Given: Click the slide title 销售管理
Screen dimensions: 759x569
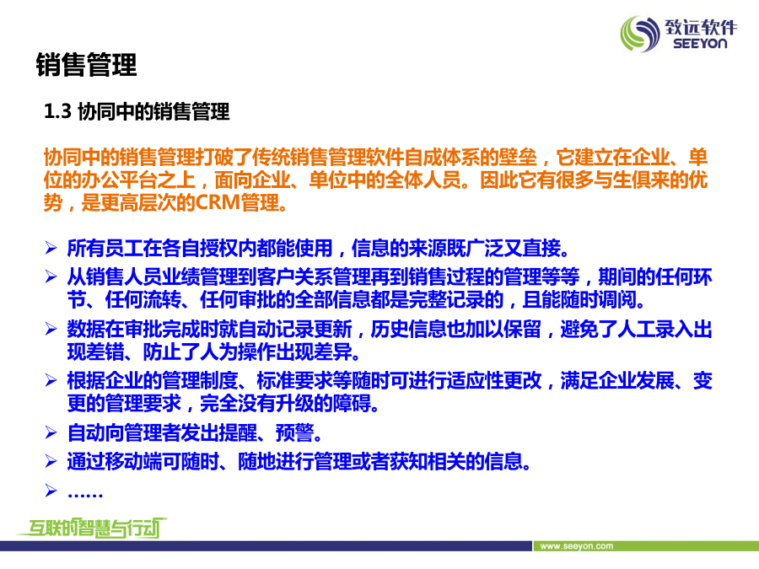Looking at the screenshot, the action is (x=87, y=65).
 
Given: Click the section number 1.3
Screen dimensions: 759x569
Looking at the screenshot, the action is (x=57, y=111).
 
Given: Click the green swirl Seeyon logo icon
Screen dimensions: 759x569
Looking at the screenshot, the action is (x=640, y=34).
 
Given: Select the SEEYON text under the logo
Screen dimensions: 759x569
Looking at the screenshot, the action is (x=700, y=44).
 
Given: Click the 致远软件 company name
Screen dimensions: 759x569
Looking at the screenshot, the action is (x=701, y=27).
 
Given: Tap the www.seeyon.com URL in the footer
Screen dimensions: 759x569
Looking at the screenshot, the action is (x=577, y=546).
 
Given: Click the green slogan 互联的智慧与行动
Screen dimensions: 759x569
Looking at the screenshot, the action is (x=92, y=528).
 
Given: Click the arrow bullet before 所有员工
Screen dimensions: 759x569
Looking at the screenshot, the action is (x=51, y=248).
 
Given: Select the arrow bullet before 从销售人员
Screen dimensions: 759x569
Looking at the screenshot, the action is (x=51, y=276).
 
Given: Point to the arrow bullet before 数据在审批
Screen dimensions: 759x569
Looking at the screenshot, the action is (x=51, y=329).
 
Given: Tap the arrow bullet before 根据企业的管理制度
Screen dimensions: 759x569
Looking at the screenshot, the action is (x=51, y=380).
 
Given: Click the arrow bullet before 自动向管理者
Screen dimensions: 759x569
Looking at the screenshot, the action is (x=51, y=432).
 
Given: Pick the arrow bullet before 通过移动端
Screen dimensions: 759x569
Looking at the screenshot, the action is (x=51, y=461).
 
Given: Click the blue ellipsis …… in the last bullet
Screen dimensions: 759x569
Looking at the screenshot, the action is (x=85, y=494).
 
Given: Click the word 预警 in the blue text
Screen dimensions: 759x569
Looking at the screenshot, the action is (x=294, y=432).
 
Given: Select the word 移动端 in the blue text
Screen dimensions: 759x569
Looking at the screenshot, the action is (x=133, y=461).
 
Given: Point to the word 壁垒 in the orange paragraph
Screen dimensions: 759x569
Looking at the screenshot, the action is (x=519, y=158).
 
